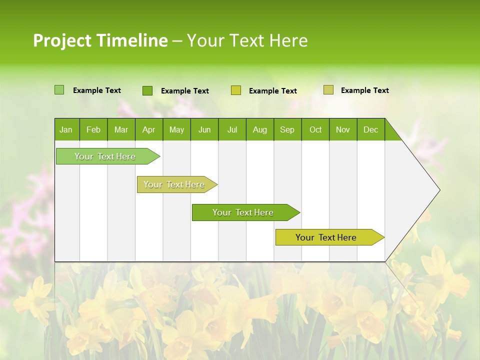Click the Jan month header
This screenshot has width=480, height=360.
point(66,129)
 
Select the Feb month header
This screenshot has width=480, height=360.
point(93,129)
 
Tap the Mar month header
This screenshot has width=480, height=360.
point(121,129)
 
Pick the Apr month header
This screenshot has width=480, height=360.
point(149,129)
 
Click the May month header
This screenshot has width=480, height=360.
point(176,129)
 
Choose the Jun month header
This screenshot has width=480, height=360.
point(204,129)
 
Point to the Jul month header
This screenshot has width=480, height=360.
point(232,129)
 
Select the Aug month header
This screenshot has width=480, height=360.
point(260,129)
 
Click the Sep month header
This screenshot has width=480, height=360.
point(287,129)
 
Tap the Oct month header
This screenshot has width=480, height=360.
point(315,129)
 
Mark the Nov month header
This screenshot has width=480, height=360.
point(343,129)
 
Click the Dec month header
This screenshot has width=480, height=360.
point(371,129)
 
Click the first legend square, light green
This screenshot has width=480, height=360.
point(59,90)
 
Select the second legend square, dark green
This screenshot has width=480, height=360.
point(147,90)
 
